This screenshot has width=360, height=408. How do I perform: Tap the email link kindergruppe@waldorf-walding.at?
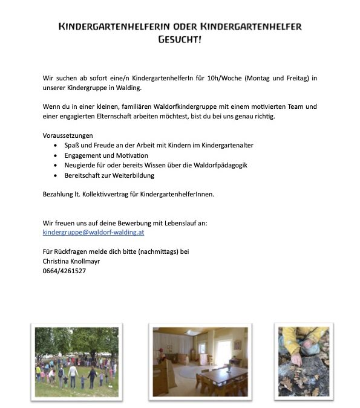(x=93, y=232)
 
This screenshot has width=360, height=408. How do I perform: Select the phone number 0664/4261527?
(x=64, y=271)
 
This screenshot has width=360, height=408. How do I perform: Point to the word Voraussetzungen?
(x=68, y=135)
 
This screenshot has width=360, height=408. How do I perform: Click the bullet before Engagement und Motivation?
(x=56, y=156)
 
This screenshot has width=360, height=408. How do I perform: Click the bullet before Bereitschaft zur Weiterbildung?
(x=56, y=175)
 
